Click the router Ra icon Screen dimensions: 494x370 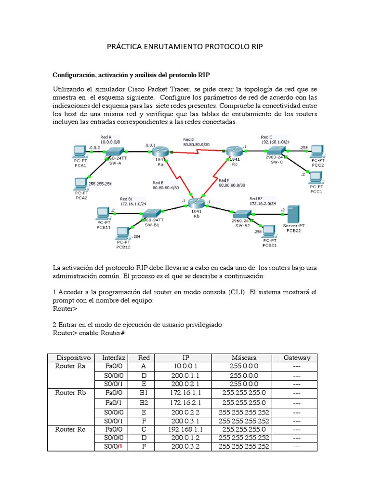tap(160, 151)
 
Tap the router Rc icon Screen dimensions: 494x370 tap(235, 151)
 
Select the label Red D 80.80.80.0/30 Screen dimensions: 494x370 tap(196, 141)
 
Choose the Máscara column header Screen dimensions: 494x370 tap(244, 357)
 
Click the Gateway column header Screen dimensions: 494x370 tap(297, 357)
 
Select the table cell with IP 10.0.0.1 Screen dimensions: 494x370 tap(185, 366)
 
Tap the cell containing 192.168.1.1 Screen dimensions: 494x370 tap(185, 429)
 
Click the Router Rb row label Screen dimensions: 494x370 tap(70, 393)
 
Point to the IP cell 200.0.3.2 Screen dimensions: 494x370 tap(185, 446)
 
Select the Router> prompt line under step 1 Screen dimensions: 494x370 tap(64, 308)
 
